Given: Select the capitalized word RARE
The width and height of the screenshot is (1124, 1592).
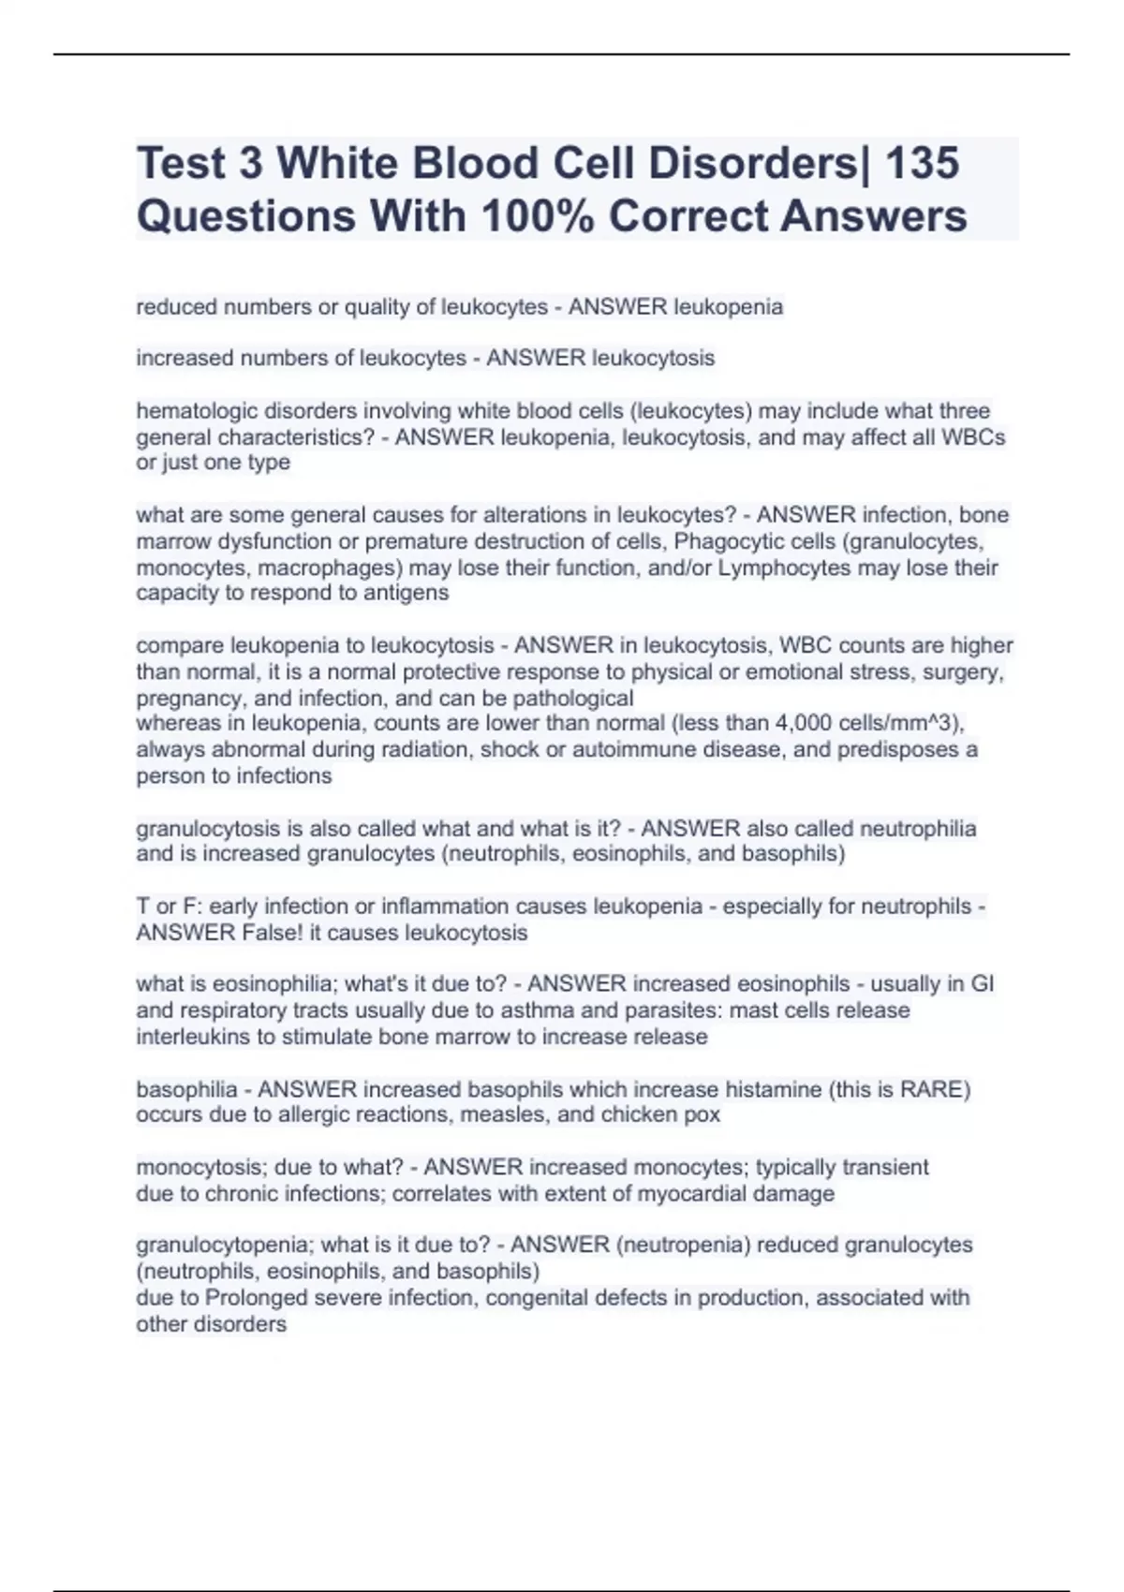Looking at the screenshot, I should tap(931, 1090).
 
